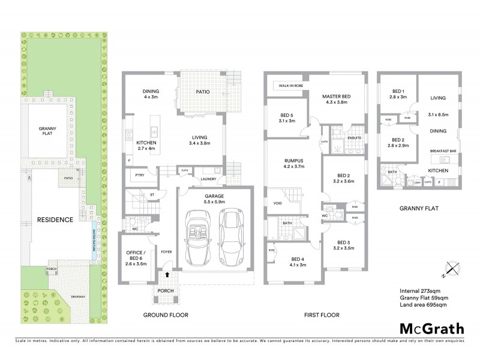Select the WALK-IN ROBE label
point(290,86)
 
